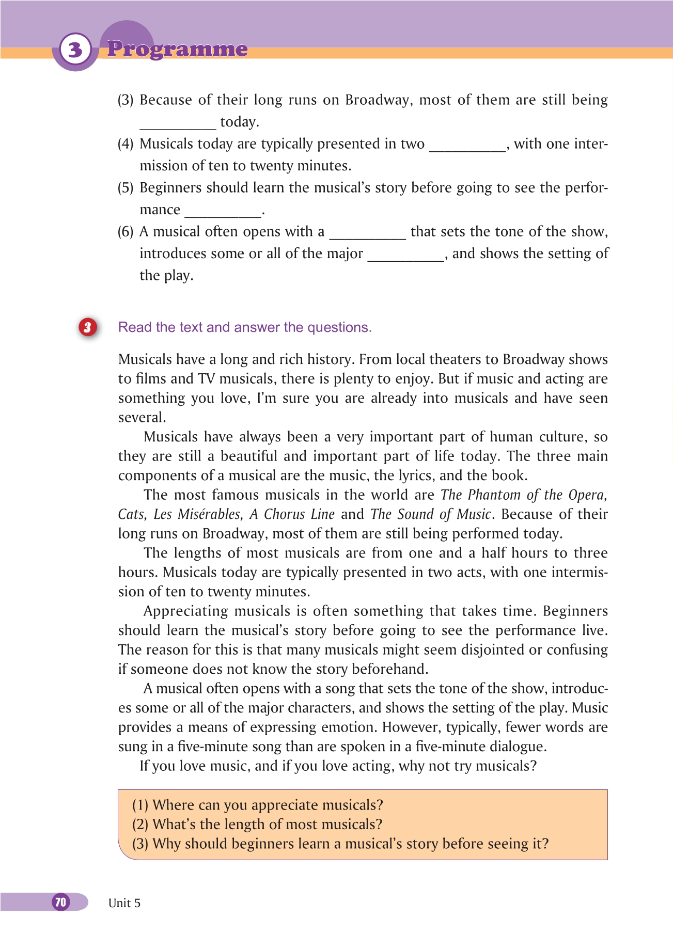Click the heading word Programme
pos(177,49)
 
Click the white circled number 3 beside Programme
pos(75,50)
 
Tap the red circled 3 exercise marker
pos(88,327)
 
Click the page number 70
pos(61,902)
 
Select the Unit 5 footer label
pos(124,903)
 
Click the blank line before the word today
pos(178,124)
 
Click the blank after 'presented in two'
pos(467,147)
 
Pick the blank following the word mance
pos(223,212)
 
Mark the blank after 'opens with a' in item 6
pos(367,234)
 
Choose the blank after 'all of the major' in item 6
pos(405,257)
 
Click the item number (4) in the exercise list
pos(126,144)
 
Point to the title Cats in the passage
pos(130,514)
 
